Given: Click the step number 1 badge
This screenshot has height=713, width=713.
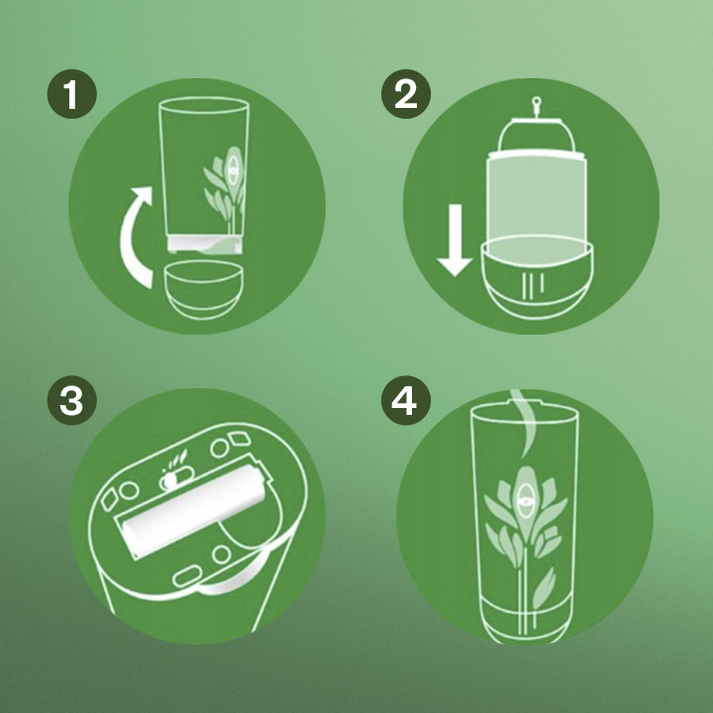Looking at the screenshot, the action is (x=72, y=94).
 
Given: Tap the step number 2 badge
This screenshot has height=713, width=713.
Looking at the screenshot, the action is (x=406, y=94).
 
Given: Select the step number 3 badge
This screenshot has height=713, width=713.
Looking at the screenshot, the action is (x=72, y=401).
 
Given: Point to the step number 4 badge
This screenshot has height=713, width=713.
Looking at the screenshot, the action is (x=406, y=401).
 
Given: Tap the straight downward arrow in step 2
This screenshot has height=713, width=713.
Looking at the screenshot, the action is (x=455, y=240).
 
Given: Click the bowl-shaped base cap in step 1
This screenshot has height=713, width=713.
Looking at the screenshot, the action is (x=203, y=289).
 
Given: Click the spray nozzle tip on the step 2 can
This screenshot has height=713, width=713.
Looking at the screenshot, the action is (x=537, y=100).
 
